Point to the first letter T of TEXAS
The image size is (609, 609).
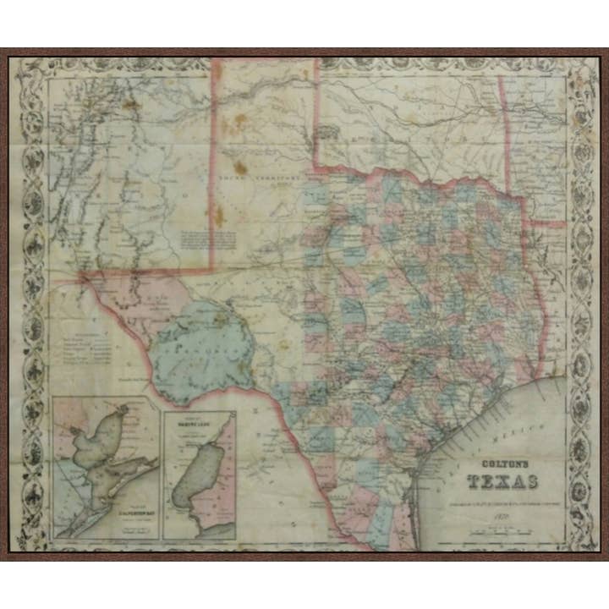click(475, 483)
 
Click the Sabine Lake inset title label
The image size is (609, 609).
click(199, 420)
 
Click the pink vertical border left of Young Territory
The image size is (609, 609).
click(211, 161)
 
